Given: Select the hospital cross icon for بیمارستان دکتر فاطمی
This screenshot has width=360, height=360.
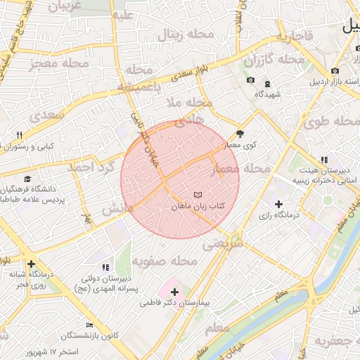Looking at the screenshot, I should [x=174, y=291].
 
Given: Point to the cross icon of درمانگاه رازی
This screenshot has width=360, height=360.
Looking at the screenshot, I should [x=279, y=204].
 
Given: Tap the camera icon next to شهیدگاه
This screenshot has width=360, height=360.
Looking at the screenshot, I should [x=250, y=80].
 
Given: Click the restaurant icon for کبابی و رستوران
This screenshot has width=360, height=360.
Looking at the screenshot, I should [x=20, y=135].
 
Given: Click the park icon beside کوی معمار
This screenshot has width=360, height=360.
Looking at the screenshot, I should [x=240, y=133].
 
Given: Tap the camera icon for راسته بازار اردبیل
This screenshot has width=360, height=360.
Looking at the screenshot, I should [x=334, y=72].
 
